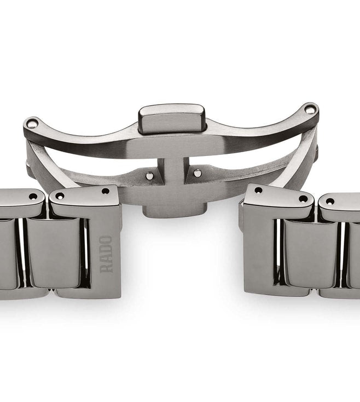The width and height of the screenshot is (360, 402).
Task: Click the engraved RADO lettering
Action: [107, 254]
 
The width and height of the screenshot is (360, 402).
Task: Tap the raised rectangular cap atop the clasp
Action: [171, 117]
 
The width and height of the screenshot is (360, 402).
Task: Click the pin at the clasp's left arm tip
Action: [32, 124]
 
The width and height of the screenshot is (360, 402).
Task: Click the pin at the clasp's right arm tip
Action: [310, 110]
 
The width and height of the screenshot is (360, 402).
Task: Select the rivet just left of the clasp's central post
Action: [149, 175]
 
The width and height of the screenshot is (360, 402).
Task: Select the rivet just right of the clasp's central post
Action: [197, 173]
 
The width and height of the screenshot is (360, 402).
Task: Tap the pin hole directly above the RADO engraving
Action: [105, 191]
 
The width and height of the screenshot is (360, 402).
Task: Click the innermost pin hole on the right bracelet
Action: [258, 190]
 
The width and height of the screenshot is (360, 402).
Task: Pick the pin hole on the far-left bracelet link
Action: [33, 196]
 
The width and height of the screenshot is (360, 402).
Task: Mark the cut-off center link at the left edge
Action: [7, 252]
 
